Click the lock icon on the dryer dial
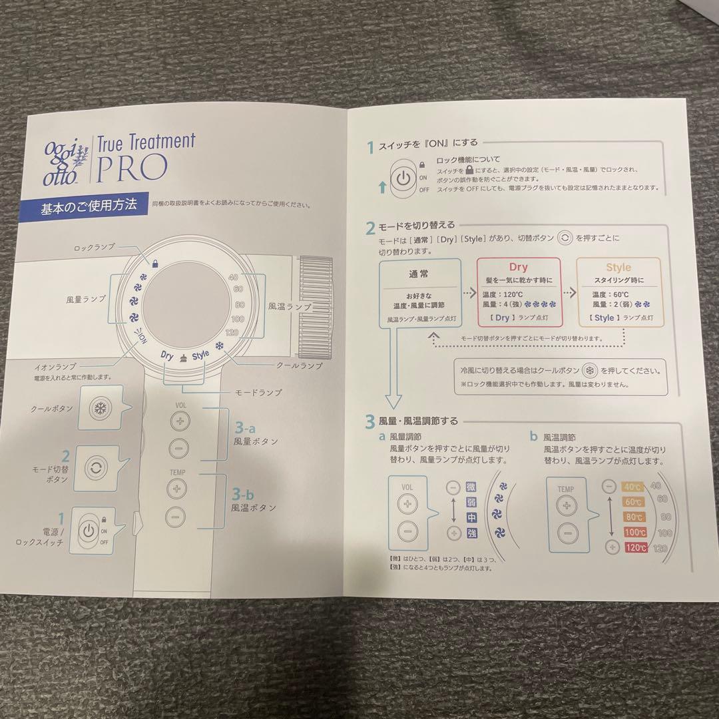pyautogui.click(x=154, y=264)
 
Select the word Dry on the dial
pyautogui.click(x=167, y=356)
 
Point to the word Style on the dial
pyautogui.click(x=200, y=356)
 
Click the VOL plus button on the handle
pyautogui.click(x=179, y=420)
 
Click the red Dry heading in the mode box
pyautogui.click(x=519, y=268)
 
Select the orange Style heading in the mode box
pyautogui.click(x=618, y=268)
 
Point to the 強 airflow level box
pyautogui.click(x=472, y=533)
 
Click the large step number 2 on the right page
pyautogui.click(x=370, y=229)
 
